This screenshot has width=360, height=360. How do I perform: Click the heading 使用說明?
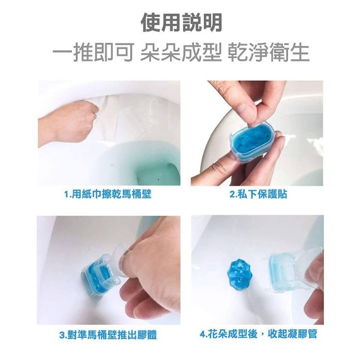[x=181, y=23]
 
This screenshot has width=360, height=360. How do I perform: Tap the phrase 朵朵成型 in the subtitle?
[x=181, y=53]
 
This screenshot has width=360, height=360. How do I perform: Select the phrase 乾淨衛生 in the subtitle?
[x=269, y=53]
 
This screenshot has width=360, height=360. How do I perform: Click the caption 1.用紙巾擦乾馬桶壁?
[x=108, y=194]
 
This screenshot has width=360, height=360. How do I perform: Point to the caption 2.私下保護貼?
[x=258, y=194]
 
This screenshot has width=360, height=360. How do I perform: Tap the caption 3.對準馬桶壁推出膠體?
[x=108, y=335]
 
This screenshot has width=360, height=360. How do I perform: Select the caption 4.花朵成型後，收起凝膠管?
[x=258, y=334]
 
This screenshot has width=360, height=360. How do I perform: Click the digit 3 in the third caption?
[x=62, y=335]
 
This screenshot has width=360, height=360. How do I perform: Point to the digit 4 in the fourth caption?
[x=203, y=334]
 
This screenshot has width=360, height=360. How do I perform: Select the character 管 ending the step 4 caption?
[x=312, y=334]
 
